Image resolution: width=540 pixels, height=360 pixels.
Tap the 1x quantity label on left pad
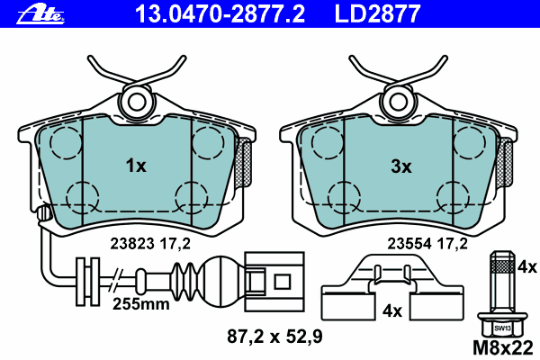click(x=135, y=166)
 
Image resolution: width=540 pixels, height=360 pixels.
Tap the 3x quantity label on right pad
click(x=400, y=166)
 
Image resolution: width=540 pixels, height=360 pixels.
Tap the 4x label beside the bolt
click(x=527, y=266)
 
